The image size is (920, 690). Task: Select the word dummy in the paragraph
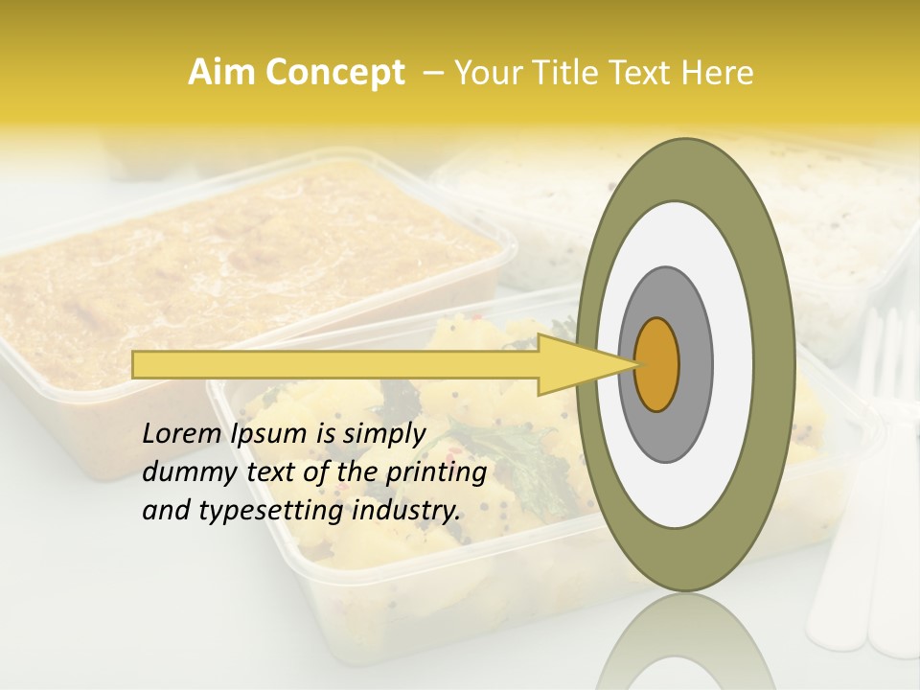point(183,472)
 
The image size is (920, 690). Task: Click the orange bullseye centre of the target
point(656,363)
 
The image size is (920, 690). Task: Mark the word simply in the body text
point(382,434)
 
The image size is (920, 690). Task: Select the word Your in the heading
point(483,73)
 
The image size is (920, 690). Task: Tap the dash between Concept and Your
point(432,73)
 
